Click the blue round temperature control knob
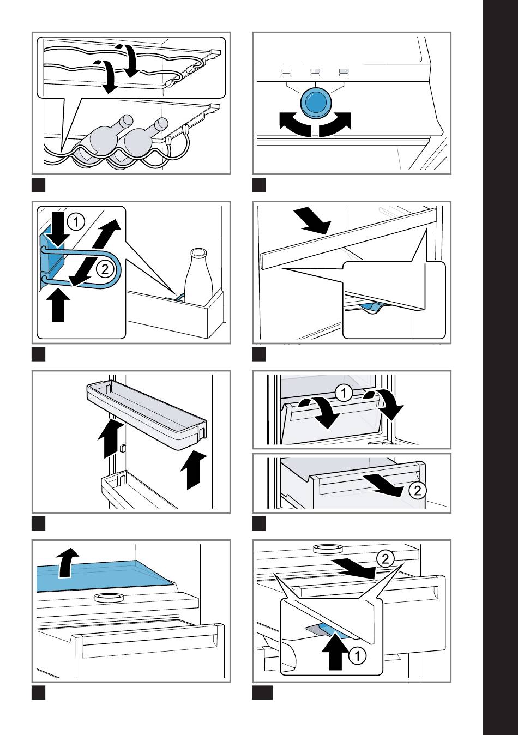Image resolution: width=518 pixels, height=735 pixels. click(315, 102)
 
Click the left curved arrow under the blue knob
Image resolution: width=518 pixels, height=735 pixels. click(294, 123)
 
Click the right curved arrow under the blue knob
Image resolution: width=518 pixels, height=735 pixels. click(335, 123)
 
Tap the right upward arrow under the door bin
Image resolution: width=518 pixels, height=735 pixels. click(195, 469)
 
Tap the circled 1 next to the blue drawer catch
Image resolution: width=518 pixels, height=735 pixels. click(357, 656)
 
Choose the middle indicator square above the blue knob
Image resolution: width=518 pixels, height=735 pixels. click(315, 71)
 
